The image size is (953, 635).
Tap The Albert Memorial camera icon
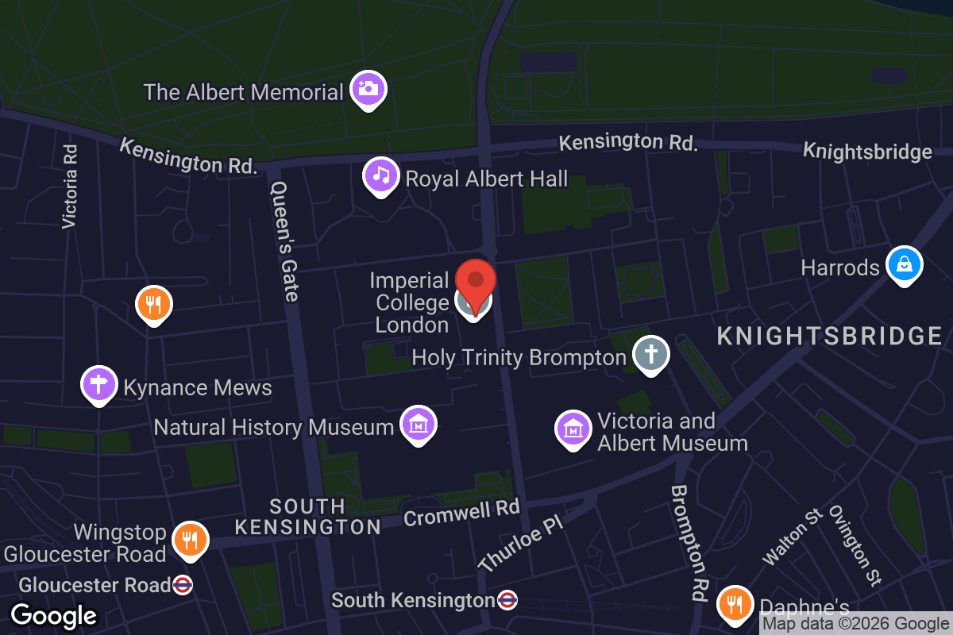point(368,88)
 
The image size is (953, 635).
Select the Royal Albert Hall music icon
point(381,175)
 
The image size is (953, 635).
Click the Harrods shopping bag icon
point(904,264)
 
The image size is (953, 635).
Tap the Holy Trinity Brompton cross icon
point(651,353)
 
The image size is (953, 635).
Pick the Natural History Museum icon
point(418,425)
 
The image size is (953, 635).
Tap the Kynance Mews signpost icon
point(99,385)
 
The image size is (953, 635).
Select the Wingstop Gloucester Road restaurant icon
point(189,540)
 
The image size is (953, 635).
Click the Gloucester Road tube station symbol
point(183,586)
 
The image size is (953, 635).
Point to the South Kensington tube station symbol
point(507,600)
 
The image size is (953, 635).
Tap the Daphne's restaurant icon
point(735,605)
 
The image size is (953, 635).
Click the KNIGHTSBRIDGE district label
point(829,336)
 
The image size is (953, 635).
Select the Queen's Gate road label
point(284,241)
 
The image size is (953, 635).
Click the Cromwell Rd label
point(461,513)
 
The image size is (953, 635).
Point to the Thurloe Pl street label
point(521,546)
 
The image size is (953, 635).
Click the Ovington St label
point(855,545)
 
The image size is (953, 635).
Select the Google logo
point(53,615)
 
